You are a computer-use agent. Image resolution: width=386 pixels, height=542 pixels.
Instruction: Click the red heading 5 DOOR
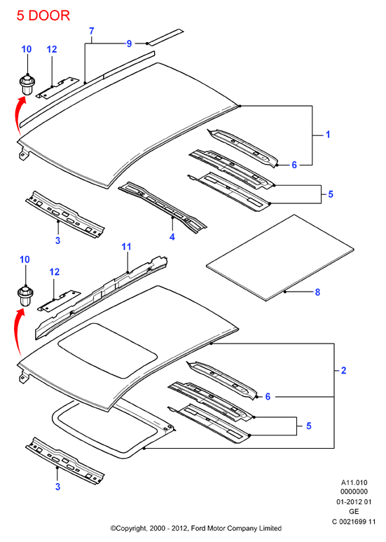pos(43,15)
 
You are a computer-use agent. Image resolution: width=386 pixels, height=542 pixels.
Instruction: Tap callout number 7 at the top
pos(92,31)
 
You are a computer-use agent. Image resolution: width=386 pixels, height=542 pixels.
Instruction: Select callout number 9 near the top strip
pos(129,43)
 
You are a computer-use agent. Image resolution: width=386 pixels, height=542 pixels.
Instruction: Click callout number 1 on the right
pos(328,134)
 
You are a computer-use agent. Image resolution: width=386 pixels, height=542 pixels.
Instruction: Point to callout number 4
pos(172,237)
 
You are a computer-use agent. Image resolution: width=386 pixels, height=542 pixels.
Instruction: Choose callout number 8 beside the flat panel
pos(317,292)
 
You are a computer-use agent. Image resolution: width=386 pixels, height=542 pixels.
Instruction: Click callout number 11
pos(126,247)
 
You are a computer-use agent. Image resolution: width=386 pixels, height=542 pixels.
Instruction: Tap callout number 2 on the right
pos(343,370)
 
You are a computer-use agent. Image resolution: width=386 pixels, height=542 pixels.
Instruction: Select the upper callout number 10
pos(27,49)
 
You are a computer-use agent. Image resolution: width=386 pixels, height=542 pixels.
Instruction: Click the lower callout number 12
pos(54,272)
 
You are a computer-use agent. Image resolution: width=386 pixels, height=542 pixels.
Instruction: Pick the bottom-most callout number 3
pos(57,487)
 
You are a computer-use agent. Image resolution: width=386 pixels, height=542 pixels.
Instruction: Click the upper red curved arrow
pos(18,114)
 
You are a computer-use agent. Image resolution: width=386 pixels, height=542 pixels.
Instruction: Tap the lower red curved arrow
pos(18,332)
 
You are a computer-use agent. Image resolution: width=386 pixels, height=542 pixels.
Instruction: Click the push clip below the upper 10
pos(27,84)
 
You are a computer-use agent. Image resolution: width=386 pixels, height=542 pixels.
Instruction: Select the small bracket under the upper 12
pos(57,88)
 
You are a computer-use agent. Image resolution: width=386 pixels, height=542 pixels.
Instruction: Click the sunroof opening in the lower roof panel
pos(108,349)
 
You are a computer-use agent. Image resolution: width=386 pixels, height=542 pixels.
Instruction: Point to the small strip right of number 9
pos(165,37)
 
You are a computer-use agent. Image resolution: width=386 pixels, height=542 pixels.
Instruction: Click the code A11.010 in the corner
pos(354,482)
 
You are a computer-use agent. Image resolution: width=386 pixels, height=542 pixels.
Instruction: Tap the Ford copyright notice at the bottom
pos(195,528)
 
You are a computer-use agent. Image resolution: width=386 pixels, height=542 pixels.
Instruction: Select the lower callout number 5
pos(309,426)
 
